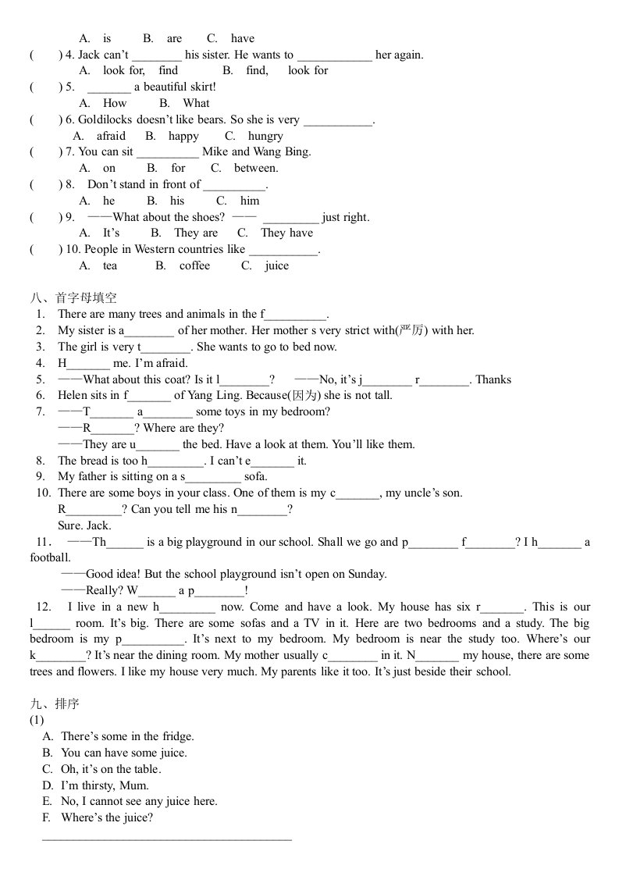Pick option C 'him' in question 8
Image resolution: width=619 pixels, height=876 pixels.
250,201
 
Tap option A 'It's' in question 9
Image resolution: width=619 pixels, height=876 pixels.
112,233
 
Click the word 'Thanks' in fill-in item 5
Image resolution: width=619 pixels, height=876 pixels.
493,379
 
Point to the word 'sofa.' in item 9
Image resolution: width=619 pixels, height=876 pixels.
256,476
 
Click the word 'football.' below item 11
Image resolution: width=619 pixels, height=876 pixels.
51,557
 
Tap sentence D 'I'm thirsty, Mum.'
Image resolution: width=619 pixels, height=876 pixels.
105,785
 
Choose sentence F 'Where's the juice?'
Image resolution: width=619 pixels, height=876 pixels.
106,817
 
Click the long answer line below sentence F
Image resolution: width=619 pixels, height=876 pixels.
166,839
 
